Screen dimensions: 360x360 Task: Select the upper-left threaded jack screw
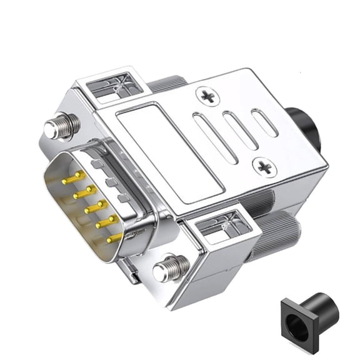click(x=62, y=126)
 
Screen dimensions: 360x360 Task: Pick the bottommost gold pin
click(x=114, y=238)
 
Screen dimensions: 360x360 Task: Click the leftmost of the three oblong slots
click(x=214, y=139)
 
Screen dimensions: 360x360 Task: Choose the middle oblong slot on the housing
click(x=240, y=130)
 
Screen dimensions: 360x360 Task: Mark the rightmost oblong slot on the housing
click(x=264, y=122)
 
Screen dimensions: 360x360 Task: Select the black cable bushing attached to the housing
click(x=304, y=128)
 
